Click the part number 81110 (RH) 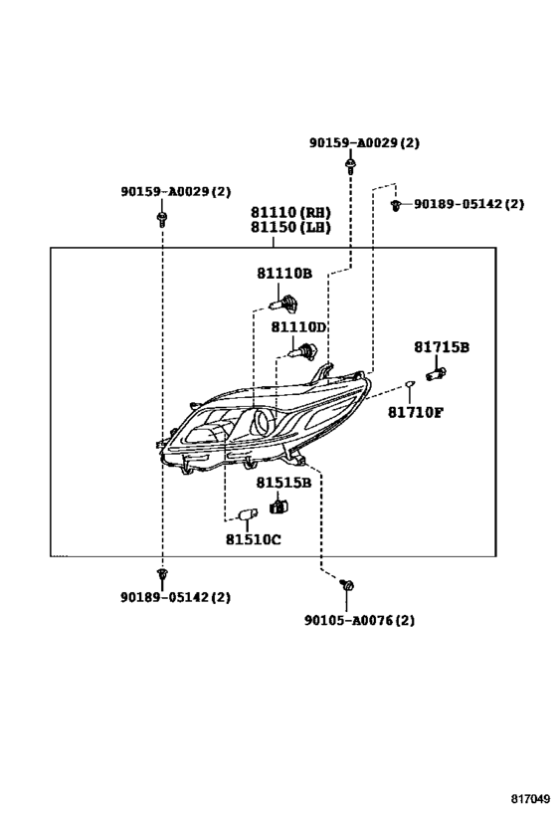coord(291,213)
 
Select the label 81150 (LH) coord(291,228)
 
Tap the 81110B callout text coord(284,274)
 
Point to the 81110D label coord(298,327)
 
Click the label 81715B coord(442,346)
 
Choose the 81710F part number coord(416,412)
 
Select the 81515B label coord(283,483)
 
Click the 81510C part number coord(253,539)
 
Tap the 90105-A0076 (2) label coord(359,620)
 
